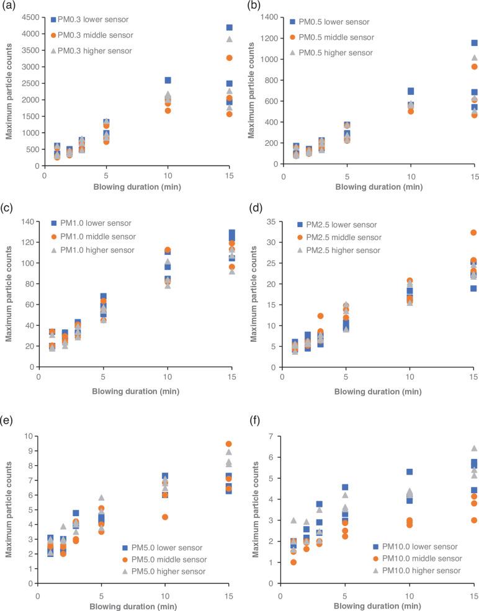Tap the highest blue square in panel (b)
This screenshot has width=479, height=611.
475,43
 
